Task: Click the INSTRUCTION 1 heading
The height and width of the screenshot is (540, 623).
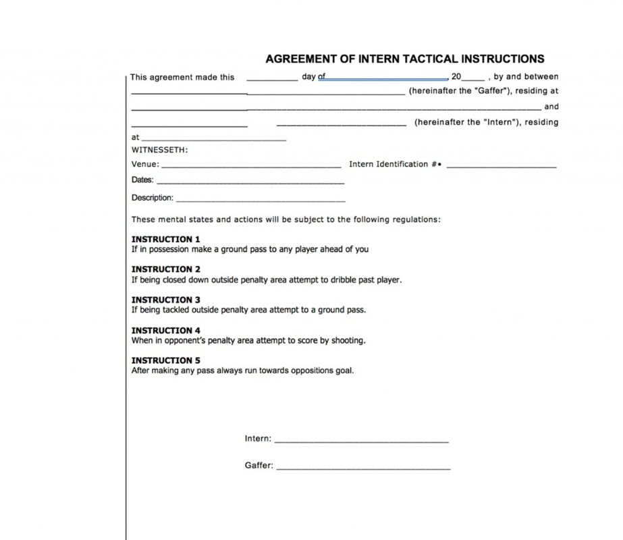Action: click(x=165, y=239)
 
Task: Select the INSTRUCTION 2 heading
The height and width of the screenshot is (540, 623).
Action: click(x=165, y=269)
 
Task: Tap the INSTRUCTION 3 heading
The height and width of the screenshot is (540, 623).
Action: click(x=165, y=300)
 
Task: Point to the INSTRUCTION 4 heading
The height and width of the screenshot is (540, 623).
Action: click(x=165, y=330)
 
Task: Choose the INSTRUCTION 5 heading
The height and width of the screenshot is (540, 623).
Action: click(x=165, y=360)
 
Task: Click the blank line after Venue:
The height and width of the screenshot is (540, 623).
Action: click(x=251, y=165)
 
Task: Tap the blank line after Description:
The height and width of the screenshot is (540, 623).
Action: click(x=260, y=200)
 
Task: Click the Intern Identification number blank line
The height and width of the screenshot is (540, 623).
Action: click(x=502, y=165)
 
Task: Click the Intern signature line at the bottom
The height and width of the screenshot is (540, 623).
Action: click(x=361, y=441)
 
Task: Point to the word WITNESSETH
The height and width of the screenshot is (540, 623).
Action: click(x=159, y=150)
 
